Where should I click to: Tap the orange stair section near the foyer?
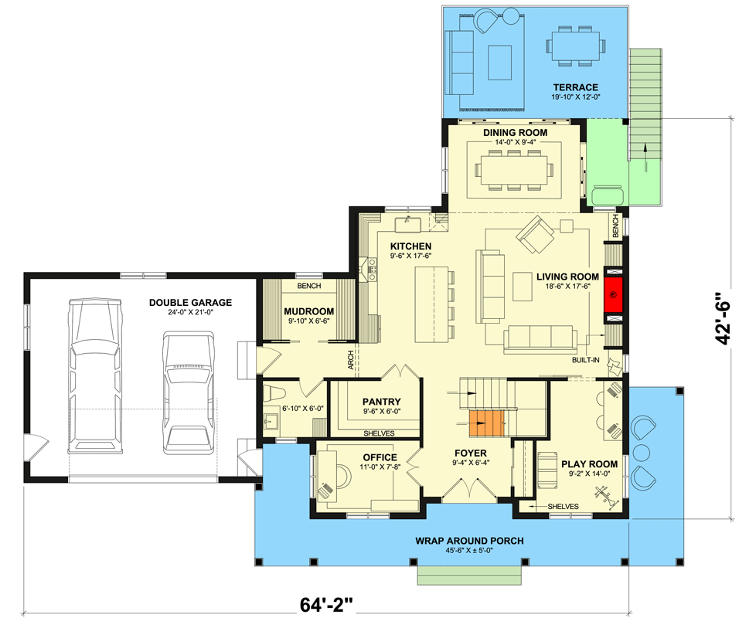coord(485,423)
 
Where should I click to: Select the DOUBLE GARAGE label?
coord(190,303)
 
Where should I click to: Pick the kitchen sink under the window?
coord(406,225)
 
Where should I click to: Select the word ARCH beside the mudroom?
coord(350,360)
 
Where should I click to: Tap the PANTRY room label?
coord(381,401)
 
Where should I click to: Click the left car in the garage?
coord(96,375)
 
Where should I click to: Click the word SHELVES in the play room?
coord(563,506)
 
